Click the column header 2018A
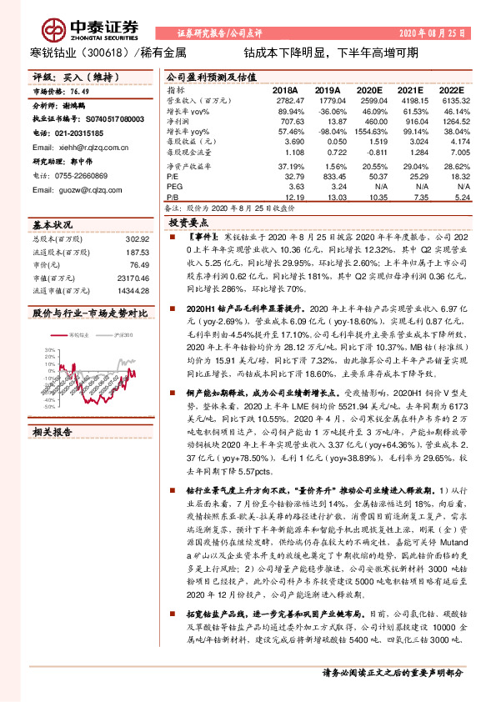286,89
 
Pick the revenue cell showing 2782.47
285,99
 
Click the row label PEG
173,188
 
